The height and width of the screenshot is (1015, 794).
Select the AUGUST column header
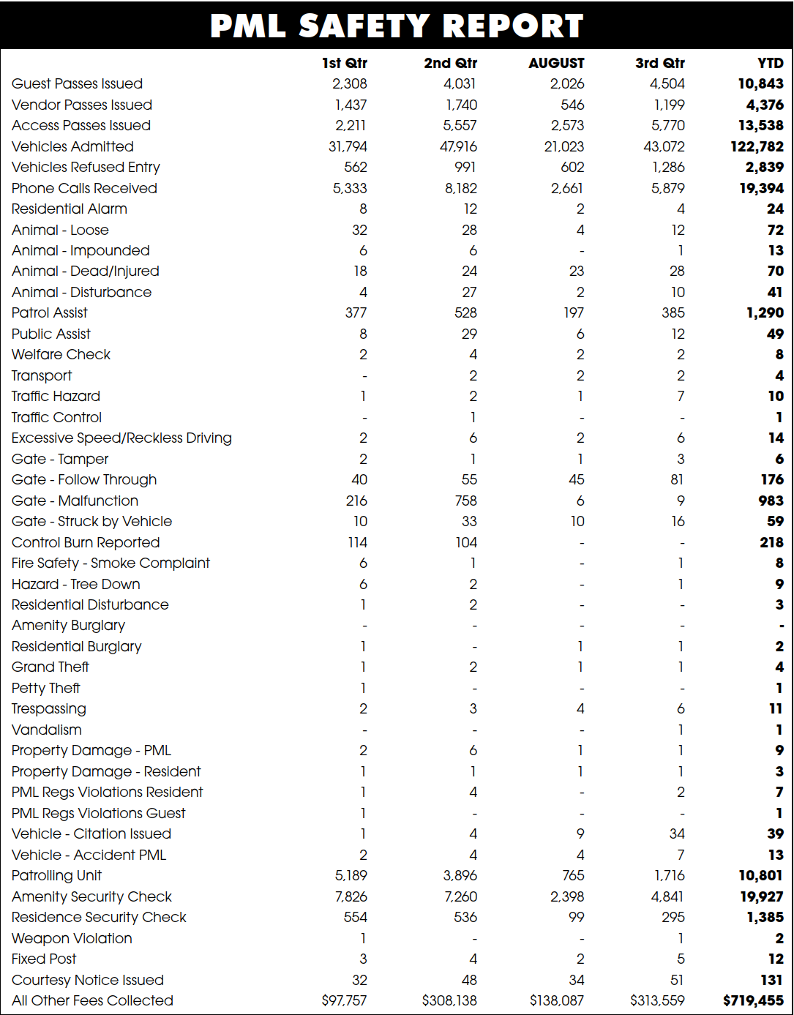[x=556, y=63]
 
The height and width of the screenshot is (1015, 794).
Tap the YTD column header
[x=770, y=63]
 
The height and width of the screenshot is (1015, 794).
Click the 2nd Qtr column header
[x=450, y=63]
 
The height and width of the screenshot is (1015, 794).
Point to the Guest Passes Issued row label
[x=77, y=84]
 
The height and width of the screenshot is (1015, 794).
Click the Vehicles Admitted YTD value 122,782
[x=757, y=146]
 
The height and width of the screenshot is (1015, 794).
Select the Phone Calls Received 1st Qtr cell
[x=350, y=188]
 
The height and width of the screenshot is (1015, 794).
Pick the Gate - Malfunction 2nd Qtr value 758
[x=465, y=501]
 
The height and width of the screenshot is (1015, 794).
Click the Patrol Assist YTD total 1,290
[x=765, y=313]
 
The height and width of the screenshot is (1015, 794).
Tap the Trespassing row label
[x=48, y=709]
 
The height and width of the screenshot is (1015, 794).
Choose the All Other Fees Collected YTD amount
[x=753, y=1000]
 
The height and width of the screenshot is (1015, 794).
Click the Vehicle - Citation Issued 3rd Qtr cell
[x=677, y=834]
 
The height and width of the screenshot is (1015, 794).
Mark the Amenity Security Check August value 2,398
[x=567, y=896]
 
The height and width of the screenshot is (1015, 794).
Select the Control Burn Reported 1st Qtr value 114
[x=357, y=542]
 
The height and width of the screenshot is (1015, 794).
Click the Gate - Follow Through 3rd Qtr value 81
[x=677, y=480]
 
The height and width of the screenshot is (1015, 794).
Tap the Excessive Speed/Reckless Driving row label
[x=121, y=438]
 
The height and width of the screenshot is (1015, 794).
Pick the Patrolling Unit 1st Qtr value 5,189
[x=351, y=875]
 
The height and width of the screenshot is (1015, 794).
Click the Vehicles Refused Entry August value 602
[x=572, y=168]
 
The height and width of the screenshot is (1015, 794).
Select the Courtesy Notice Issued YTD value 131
[x=771, y=980]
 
